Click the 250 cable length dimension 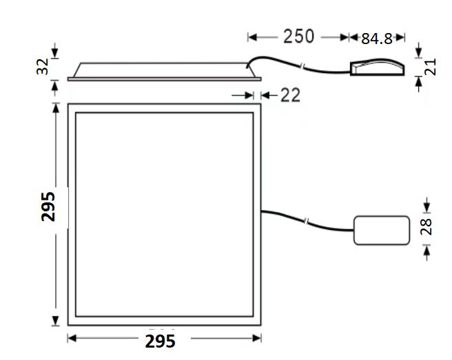(x=298, y=36)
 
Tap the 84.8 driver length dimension (x=377, y=39)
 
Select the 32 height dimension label (x=43, y=66)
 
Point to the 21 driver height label (x=431, y=67)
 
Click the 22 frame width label (x=290, y=95)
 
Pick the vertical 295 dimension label (x=48, y=207)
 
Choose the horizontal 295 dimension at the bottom (x=160, y=341)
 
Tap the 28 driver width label (x=426, y=226)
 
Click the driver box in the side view (x=377, y=67)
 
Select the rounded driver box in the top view (x=382, y=231)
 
